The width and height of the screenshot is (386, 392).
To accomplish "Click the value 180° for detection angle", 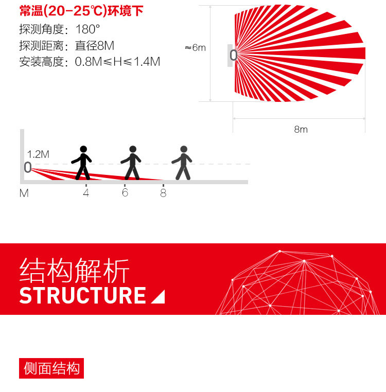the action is (x=87, y=29).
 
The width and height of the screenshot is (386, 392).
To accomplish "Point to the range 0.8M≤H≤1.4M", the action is (x=117, y=62).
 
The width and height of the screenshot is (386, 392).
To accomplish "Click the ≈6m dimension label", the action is (x=195, y=48).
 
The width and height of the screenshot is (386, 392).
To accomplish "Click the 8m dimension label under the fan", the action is (x=301, y=129).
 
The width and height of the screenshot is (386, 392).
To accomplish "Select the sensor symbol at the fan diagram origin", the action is (x=233, y=55).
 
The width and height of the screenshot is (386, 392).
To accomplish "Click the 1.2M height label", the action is (x=38, y=154).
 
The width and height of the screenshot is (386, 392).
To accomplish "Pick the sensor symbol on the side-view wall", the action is (x=27, y=167).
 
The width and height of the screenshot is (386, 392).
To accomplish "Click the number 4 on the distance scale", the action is (x=86, y=193).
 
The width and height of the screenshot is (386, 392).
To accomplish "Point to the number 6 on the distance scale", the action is (x=125, y=193).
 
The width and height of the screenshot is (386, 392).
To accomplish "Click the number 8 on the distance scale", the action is (x=163, y=193).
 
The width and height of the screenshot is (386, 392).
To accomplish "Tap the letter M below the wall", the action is (x=24, y=193).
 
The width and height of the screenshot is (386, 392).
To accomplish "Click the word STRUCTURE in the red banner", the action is (x=83, y=296).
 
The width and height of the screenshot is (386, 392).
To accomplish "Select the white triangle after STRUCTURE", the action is (x=159, y=297).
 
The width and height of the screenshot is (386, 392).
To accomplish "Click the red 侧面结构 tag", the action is (x=51, y=368).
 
